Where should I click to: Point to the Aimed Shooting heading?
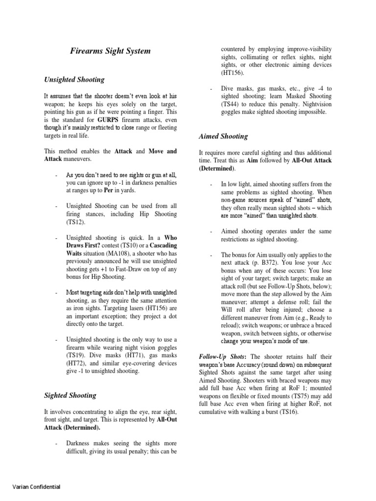223,136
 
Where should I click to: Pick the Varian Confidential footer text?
36,487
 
